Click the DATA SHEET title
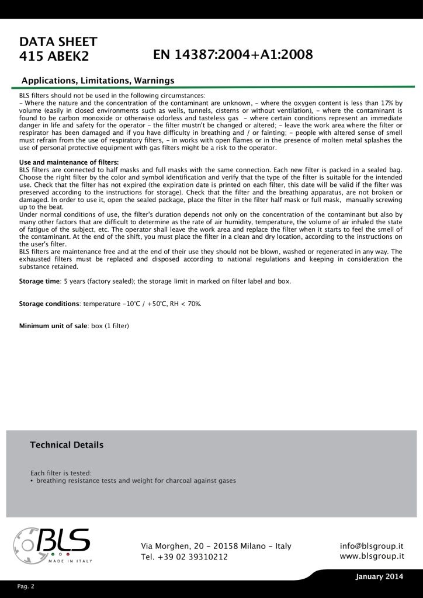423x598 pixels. [58, 42]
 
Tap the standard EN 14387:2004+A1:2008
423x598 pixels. [233, 55]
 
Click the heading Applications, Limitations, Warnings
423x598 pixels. [98, 80]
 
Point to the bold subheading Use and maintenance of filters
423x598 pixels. [69, 162]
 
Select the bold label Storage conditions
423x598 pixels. [49, 304]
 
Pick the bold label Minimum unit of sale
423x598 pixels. [53, 325]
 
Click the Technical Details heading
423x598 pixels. [67, 445]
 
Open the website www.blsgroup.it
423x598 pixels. [372, 556]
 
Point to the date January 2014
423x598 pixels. [379, 577]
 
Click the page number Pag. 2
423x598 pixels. [26, 586]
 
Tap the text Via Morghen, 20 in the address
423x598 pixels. [174, 546]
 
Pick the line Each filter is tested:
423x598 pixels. [61, 472]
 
